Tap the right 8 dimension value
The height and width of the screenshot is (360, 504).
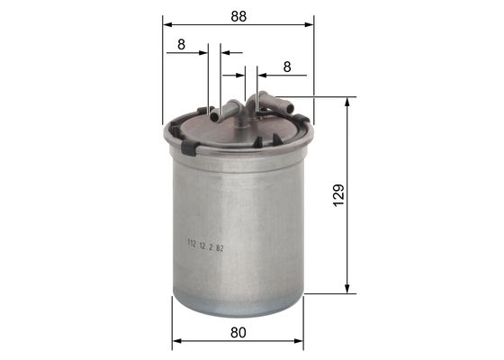[x=287, y=66]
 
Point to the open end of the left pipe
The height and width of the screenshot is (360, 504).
[x=214, y=115]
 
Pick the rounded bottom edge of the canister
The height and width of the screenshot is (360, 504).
[x=238, y=310]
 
